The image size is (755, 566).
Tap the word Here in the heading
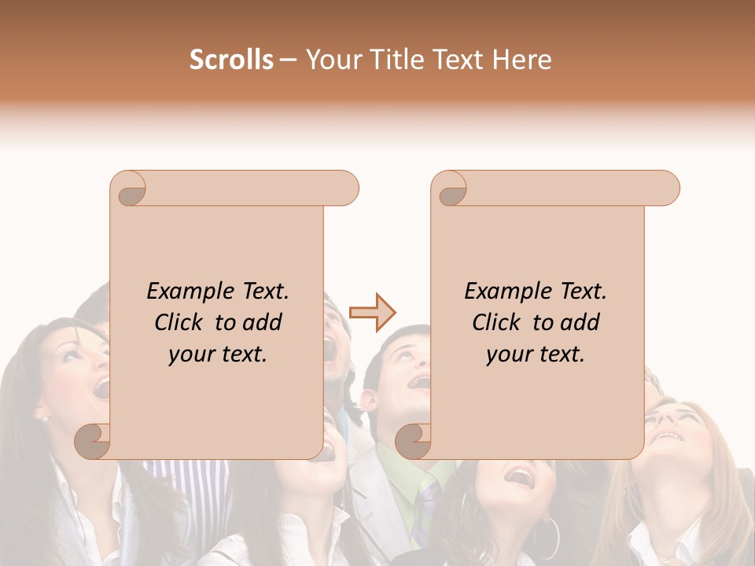523,60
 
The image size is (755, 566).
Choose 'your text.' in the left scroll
218,355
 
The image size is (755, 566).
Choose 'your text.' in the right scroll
536,355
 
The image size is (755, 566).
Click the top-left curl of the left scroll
130,189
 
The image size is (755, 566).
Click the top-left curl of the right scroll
451,189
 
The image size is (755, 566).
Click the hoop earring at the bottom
547,537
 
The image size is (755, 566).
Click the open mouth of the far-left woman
101,386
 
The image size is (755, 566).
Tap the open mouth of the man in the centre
420,382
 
